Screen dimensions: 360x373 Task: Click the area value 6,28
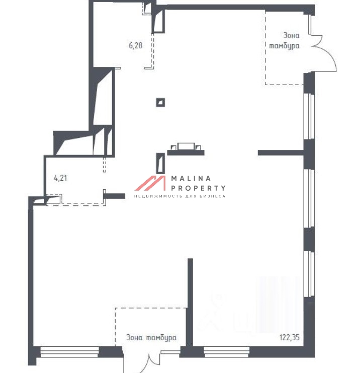point(135,45)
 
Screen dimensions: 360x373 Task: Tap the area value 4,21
point(61,178)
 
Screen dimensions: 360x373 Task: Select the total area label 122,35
point(290,337)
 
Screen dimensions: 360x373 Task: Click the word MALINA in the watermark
point(191,178)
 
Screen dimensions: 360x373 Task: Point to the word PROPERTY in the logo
point(198,188)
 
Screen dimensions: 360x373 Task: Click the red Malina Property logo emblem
point(150,183)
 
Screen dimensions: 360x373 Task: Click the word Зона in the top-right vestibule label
point(291,35)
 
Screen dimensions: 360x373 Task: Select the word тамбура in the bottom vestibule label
point(161,338)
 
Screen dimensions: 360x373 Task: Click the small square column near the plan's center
point(160,103)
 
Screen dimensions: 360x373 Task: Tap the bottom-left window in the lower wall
point(69,352)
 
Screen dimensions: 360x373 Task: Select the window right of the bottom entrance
point(226,352)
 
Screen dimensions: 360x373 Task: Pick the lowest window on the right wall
point(309,273)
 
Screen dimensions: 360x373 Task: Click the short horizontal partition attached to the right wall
point(281,153)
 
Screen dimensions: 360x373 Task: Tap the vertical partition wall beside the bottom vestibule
point(190,303)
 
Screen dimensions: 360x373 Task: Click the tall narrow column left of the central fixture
point(160,163)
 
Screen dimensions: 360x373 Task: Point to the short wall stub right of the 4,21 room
point(115,196)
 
